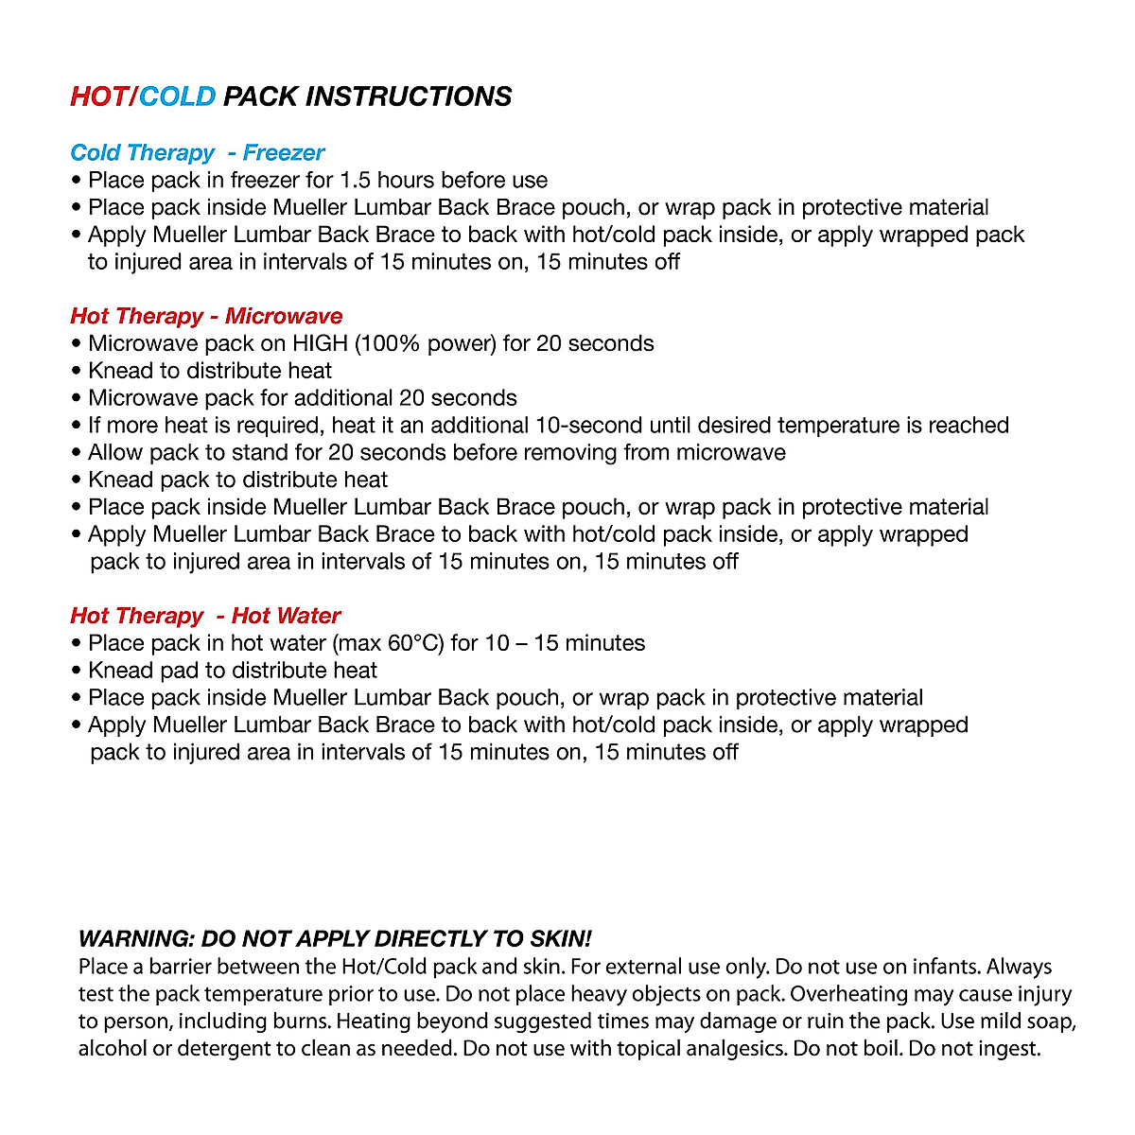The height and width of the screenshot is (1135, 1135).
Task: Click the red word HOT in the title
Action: pyautogui.click(x=98, y=96)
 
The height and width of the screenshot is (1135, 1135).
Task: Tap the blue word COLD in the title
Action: pyautogui.click(x=178, y=96)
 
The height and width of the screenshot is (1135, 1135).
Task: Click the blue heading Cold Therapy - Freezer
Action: pyautogui.click(x=197, y=153)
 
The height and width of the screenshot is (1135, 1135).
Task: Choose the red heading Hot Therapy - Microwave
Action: pyautogui.click(x=206, y=316)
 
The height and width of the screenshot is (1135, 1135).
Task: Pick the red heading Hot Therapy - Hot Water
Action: pyautogui.click(x=205, y=616)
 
